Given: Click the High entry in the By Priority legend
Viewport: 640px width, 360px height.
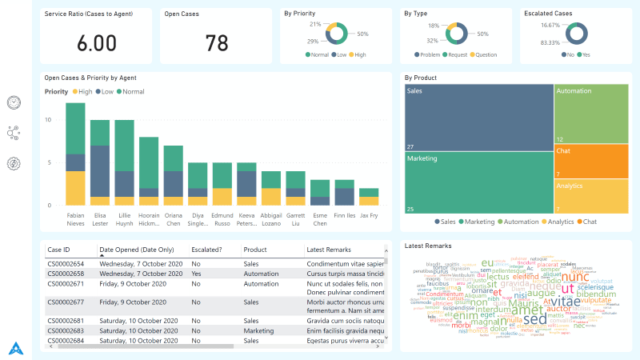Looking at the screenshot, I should coord(358,54).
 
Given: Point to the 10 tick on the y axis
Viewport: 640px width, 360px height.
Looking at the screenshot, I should coord(48,120).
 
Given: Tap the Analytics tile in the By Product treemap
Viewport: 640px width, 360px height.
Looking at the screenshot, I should coord(590,196).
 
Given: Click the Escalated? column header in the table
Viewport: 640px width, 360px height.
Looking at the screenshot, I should coord(207,249).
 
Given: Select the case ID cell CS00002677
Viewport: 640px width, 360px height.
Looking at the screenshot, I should coord(66,302).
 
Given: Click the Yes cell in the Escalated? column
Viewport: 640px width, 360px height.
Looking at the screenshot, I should coord(197,273).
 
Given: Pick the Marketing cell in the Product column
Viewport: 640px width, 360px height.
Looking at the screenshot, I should coord(259,330).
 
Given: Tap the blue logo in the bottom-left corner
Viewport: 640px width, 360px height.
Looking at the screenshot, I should coord(16,348).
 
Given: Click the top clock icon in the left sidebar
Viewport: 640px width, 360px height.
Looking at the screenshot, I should coord(14,102).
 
